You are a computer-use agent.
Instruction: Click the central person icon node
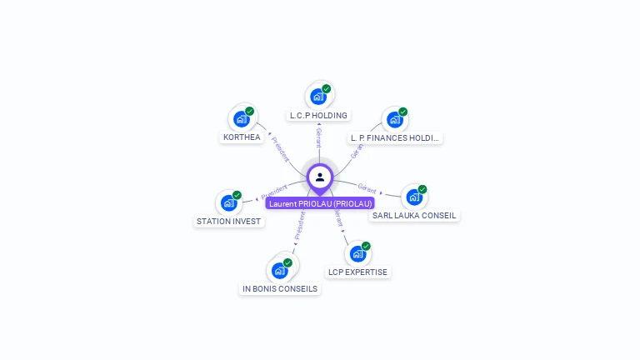320,177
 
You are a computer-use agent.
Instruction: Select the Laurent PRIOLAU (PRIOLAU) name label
320,203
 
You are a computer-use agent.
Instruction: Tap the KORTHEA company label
242,137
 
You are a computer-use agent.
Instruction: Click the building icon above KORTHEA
242,118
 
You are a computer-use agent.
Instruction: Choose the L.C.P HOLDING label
318,115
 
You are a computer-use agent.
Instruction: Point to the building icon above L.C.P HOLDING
318,96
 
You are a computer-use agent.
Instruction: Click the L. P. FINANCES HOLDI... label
395,137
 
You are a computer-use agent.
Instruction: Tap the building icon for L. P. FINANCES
394,119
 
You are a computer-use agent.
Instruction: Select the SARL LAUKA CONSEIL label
414,215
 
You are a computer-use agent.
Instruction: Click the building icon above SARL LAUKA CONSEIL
413,197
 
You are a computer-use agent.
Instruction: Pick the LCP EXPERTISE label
357,272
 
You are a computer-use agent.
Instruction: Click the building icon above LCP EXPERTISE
357,253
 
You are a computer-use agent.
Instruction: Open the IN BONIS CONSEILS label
280,289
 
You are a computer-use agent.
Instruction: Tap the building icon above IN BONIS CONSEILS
280,270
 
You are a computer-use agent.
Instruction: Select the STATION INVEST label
228,222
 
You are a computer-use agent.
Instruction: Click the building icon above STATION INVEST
228,202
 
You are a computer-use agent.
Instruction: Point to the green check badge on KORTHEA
250,111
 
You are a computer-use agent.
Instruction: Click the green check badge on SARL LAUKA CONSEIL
422,190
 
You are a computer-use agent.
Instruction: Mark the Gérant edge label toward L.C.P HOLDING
318,137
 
